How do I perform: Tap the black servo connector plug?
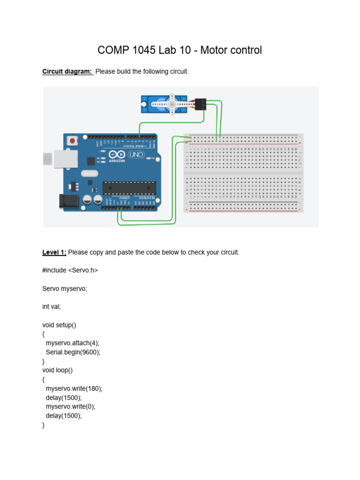[201, 104]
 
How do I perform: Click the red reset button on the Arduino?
[72, 140]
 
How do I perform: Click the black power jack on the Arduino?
[67, 201]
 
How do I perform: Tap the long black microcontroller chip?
[129, 187]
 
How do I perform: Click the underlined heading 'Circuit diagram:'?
[67, 72]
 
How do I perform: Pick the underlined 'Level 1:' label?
[54, 252]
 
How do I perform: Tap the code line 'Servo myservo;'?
[65, 289]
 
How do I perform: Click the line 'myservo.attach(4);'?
[73, 343]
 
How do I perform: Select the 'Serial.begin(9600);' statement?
[73, 352]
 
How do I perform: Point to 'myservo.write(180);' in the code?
[74, 389]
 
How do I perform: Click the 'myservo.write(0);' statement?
[71, 406]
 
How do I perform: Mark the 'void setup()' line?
[62, 325]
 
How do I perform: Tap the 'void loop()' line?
[58, 370]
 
